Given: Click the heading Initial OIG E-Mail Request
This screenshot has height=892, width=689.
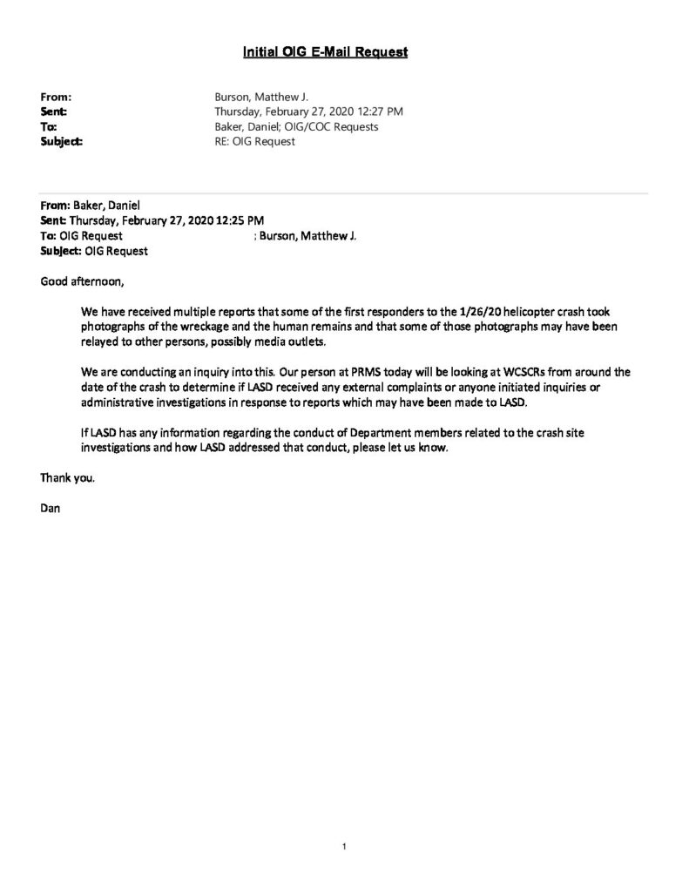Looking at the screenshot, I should coord(325,53).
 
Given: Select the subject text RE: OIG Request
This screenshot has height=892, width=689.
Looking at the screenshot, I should coord(254,141).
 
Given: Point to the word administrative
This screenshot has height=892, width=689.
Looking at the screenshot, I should coord(120,400).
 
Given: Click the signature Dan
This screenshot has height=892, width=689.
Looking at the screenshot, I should coord(50,508).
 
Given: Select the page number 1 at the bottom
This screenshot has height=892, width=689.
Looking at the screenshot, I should coord(345,846).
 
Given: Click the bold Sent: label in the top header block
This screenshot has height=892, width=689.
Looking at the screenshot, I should coord(54,111).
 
